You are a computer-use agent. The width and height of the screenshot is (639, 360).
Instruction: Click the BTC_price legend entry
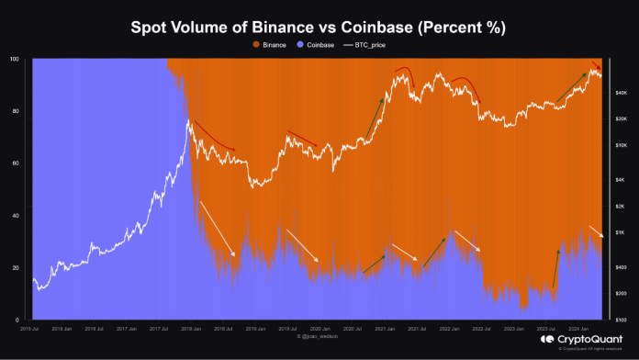point(370,44)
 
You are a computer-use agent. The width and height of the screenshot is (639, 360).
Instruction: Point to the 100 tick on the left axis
point(13,59)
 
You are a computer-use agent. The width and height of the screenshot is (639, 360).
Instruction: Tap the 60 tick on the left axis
point(15,163)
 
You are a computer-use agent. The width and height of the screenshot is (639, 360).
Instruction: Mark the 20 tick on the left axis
point(15,268)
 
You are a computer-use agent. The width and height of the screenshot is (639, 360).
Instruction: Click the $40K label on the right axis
point(621,93)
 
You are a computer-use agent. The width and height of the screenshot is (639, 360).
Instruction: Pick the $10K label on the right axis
point(621,145)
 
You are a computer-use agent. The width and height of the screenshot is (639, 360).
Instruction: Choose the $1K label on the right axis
point(621,232)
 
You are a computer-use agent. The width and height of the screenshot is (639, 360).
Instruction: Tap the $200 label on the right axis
point(621,292)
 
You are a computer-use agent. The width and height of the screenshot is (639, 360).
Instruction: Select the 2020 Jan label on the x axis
point(320,328)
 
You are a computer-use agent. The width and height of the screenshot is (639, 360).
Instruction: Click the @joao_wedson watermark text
point(313,336)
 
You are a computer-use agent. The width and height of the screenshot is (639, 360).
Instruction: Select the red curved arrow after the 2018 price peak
point(213,137)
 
